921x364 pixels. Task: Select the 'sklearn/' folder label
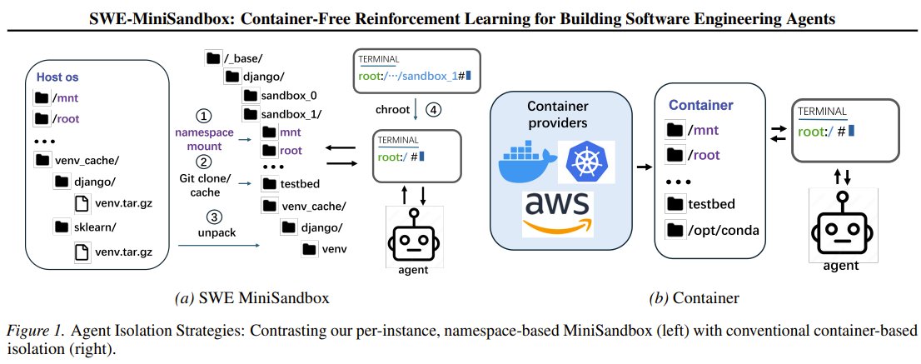(96, 226)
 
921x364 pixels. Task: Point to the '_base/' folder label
(246, 58)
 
